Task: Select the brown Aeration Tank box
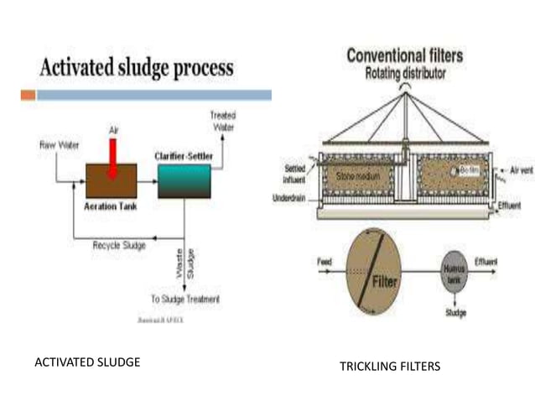pyautogui.click(x=111, y=180)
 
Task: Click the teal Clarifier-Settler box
pyautogui.click(x=184, y=180)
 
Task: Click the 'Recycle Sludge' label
pyautogui.click(x=117, y=245)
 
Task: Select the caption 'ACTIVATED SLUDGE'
pyautogui.click(x=86, y=362)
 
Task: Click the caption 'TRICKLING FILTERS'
pyautogui.click(x=389, y=367)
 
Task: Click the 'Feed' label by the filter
pyautogui.click(x=325, y=262)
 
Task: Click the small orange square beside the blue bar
pyautogui.click(x=28, y=95)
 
